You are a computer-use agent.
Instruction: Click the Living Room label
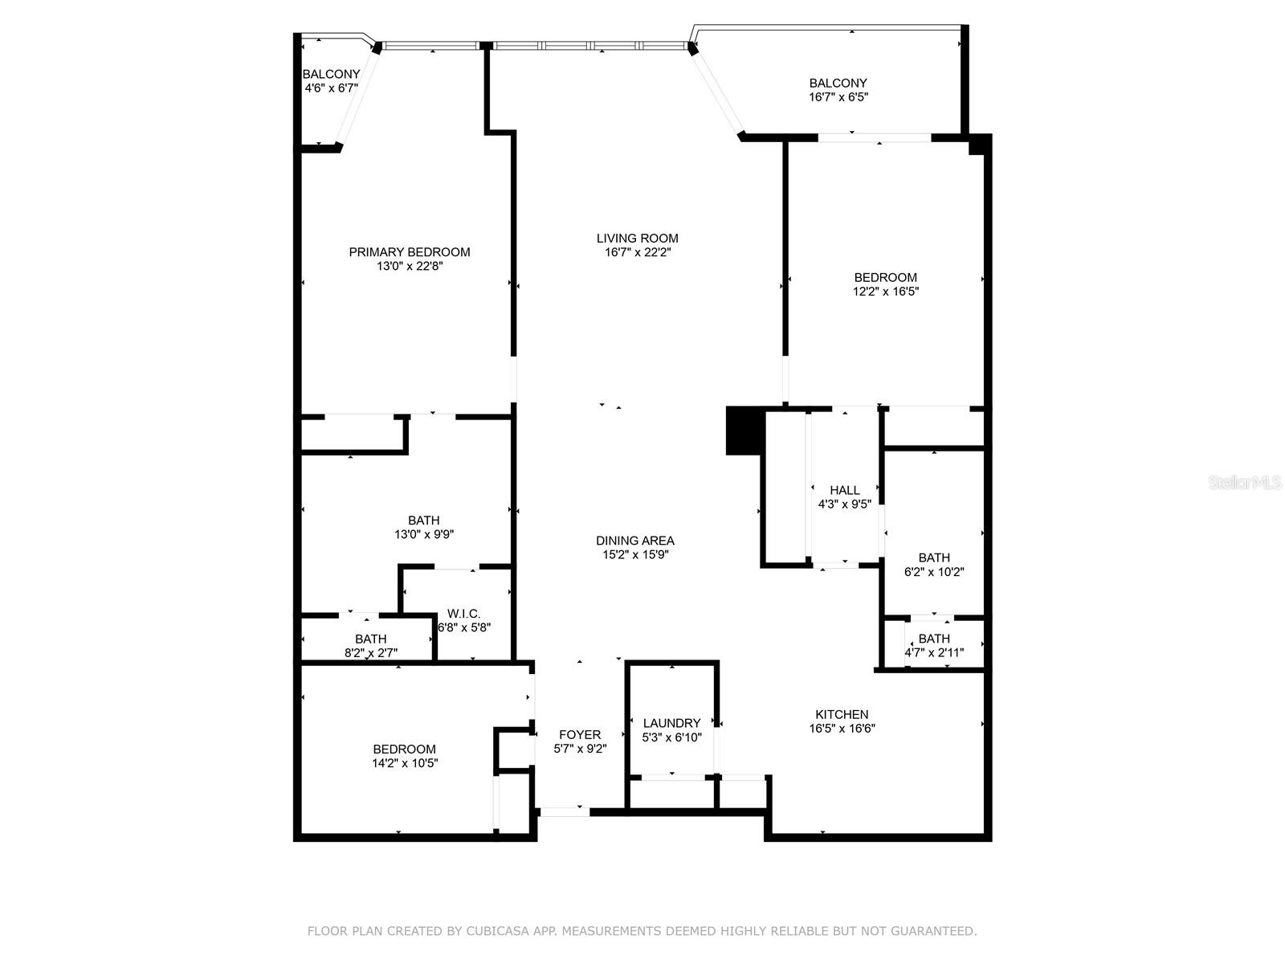point(637,238)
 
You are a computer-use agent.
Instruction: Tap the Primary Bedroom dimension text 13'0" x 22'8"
point(410,266)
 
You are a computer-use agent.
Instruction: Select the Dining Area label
point(634,541)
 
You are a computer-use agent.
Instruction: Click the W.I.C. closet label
point(463,614)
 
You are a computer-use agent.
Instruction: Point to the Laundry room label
point(671,723)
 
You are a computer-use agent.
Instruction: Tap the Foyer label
point(579,734)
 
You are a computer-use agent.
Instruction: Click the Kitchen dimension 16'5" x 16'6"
point(842,729)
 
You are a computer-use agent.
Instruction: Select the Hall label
point(844,490)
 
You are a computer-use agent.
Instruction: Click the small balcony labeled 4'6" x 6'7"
point(331,81)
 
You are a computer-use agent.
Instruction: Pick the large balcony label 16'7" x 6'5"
point(838,89)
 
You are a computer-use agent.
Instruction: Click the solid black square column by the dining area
point(743,431)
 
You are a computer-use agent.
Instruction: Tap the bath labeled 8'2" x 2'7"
point(370,646)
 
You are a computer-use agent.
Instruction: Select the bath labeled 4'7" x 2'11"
point(933,645)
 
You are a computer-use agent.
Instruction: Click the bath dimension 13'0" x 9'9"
point(423,534)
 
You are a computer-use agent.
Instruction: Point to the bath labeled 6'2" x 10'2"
point(933,565)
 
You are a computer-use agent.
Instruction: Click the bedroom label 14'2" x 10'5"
point(404,756)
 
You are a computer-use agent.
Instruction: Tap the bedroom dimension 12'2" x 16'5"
point(885,292)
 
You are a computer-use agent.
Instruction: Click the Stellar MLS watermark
point(1245,483)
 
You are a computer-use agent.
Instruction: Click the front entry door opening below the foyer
point(564,812)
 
